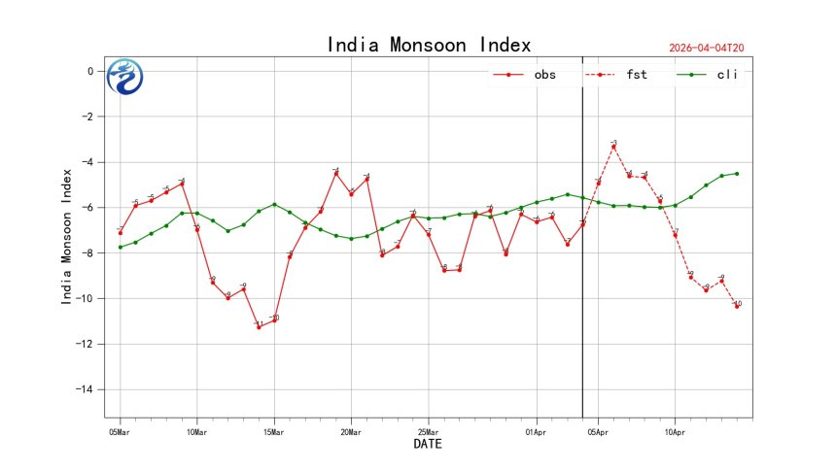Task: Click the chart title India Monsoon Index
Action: (x=429, y=45)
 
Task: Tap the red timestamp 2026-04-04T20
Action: (x=714, y=48)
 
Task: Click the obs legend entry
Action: (x=526, y=75)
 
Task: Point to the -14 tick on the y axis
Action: (x=87, y=389)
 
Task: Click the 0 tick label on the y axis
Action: (x=89, y=71)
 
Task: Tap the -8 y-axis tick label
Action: (x=87, y=252)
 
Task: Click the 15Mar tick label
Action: (x=274, y=431)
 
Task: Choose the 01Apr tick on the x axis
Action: (x=537, y=431)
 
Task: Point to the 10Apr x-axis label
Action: (x=675, y=431)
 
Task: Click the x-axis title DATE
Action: (x=429, y=445)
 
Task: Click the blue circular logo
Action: (x=124, y=77)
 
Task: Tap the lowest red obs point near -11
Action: (x=259, y=327)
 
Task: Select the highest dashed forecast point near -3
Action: (x=613, y=146)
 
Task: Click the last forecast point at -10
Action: (x=737, y=307)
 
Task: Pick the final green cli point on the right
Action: (x=737, y=174)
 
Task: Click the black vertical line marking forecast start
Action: (x=582, y=291)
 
